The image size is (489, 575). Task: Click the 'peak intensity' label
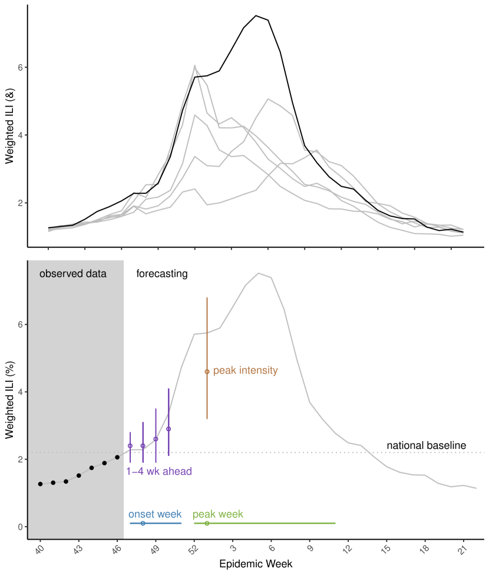click(245, 371)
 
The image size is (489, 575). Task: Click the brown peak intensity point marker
click(207, 371)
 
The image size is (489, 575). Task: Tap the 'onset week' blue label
click(155, 514)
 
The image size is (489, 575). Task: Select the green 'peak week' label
click(217, 514)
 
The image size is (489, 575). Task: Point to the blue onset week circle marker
click(143, 523)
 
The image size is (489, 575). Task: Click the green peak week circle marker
click(207, 523)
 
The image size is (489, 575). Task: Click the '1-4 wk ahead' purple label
click(159, 471)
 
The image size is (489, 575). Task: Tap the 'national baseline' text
click(426, 445)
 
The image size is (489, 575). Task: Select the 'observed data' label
click(73, 274)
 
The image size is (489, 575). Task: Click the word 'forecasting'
click(162, 274)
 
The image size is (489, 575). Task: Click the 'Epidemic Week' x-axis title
click(256, 564)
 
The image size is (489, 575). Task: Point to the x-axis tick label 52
click(193, 550)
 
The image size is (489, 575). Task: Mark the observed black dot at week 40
click(40, 484)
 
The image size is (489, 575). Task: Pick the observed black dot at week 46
click(117, 457)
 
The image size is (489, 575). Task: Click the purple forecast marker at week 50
click(168, 429)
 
